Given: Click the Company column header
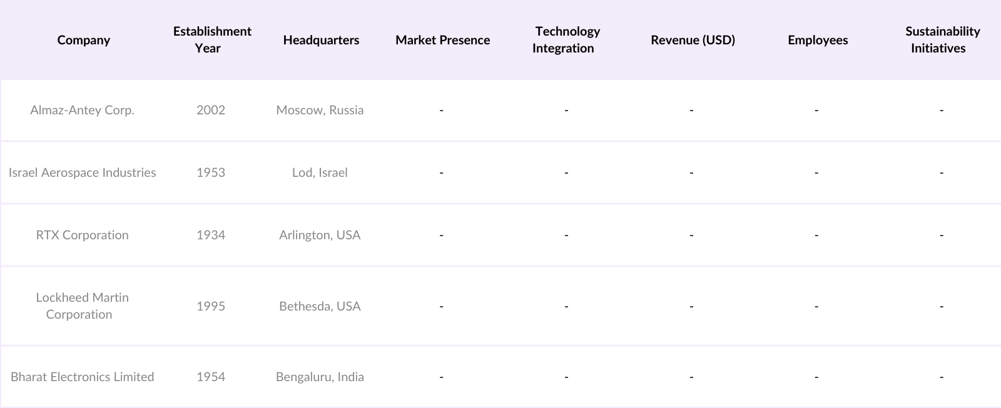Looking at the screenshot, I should pos(83,40).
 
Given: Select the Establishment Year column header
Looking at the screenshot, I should pos(212,39).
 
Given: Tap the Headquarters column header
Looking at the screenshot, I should pos(321,40).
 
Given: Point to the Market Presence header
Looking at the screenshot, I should pos(442,40).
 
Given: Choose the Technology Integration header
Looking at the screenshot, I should pos(566,39).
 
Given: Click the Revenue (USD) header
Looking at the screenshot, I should pos(693,40).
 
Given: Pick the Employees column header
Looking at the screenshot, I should pos(818,40).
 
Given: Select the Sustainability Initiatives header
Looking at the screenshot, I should pos(942,39).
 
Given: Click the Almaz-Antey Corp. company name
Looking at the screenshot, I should pos(82,110).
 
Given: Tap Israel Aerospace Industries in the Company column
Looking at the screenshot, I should pos(82,172).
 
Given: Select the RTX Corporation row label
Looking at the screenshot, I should pos(82,235).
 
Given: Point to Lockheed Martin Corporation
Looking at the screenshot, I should pos(82,306).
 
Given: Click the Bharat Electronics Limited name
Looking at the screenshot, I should pos(82,377).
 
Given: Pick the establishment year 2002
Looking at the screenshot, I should pos(211,110).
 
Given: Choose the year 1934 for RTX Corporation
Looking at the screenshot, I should pos(211,235).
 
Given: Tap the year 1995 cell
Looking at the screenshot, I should pos(211,306).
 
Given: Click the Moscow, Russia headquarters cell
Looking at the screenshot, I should pos(320,110).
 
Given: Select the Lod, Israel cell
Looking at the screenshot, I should pos(320,172).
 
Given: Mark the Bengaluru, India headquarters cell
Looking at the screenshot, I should pos(320,377).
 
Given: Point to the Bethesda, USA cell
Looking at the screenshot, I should pos(320,306).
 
